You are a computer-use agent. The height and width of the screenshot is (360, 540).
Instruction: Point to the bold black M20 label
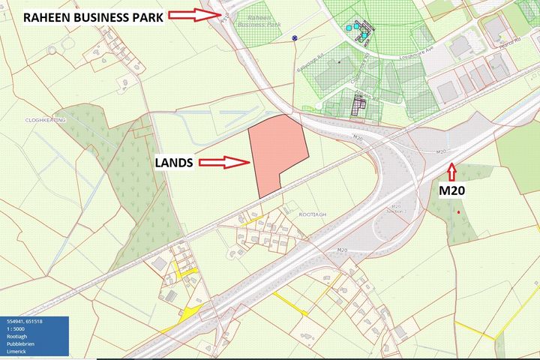point(451,190)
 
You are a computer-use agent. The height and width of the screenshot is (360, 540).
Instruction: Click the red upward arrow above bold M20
point(451,170)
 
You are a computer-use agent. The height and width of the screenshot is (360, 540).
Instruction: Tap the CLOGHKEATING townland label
point(44,120)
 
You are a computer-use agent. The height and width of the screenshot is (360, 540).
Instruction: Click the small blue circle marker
point(295,37)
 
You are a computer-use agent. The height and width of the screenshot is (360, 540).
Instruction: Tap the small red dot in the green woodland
point(457,211)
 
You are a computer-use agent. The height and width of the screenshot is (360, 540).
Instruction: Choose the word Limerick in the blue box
point(17,352)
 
